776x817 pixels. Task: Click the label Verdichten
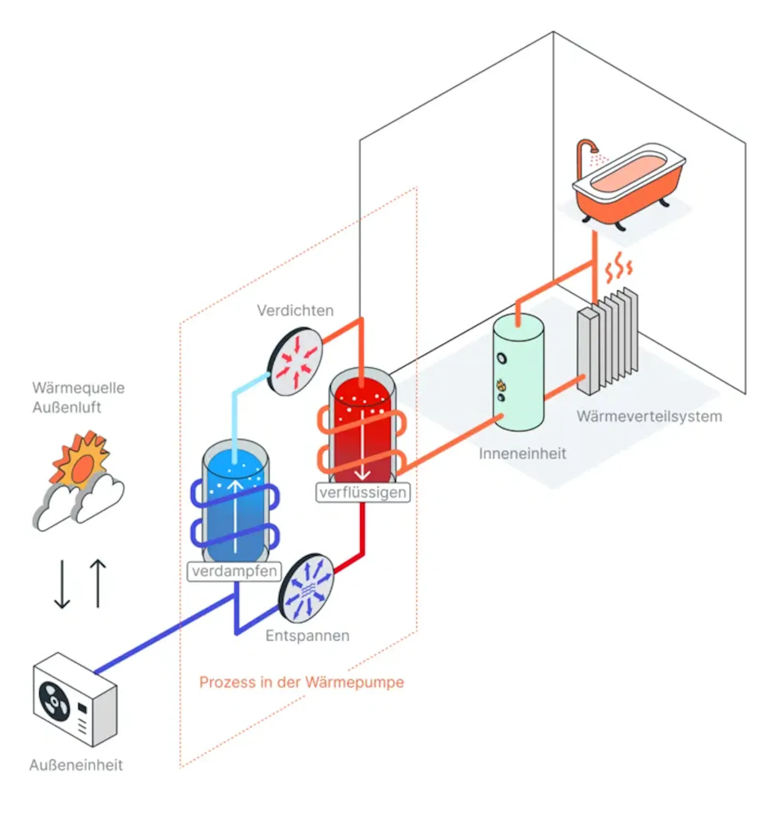click(295, 310)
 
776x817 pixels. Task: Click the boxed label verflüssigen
click(363, 492)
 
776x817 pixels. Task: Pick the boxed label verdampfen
click(234, 571)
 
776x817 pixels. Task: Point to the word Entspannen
click(307, 636)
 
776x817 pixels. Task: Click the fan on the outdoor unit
click(54, 701)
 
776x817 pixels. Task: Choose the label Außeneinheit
click(76, 765)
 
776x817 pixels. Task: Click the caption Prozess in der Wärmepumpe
click(302, 682)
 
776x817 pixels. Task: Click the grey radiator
click(608, 341)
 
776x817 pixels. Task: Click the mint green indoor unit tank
click(518, 372)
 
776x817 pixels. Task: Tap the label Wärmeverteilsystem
click(649, 416)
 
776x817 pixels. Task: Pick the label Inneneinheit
click(522, 453)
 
